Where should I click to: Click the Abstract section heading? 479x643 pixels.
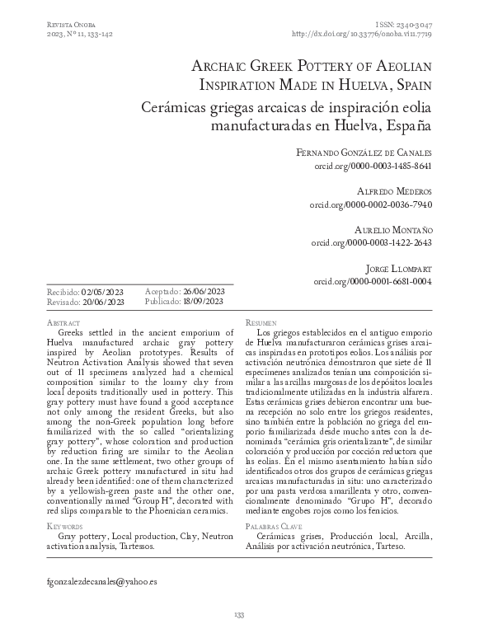(x=64, y=323)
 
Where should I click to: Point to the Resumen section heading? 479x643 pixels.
(x=263, y=323)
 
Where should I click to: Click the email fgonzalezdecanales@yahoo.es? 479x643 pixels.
(x=103, y=580)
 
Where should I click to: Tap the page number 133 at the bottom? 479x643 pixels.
(x=239, y=614)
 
